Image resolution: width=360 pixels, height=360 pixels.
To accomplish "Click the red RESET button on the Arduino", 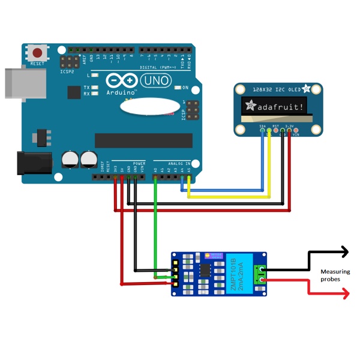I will pos(38,53).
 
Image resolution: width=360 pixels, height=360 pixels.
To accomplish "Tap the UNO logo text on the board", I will pos(157,80).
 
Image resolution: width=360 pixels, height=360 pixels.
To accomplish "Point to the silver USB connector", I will pos(13,83).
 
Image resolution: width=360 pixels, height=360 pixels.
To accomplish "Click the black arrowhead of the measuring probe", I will pos(344,252).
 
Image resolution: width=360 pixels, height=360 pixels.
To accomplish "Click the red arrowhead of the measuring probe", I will pos(344,293).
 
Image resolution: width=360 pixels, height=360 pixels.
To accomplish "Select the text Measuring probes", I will pos(335,276).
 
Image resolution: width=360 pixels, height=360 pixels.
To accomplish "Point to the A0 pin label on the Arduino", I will pos(155,170).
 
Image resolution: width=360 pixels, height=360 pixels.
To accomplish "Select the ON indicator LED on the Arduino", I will pos(178,88).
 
